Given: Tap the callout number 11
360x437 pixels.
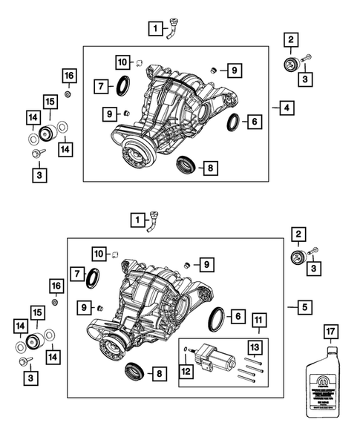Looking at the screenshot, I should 258,321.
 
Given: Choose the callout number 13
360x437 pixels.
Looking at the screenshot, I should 253,347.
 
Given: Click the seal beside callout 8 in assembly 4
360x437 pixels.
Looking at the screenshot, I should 186,165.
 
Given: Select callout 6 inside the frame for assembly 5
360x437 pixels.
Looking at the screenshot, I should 238,317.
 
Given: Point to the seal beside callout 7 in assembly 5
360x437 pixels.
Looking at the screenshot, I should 94,279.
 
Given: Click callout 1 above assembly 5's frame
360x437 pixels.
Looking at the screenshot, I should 137,220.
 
